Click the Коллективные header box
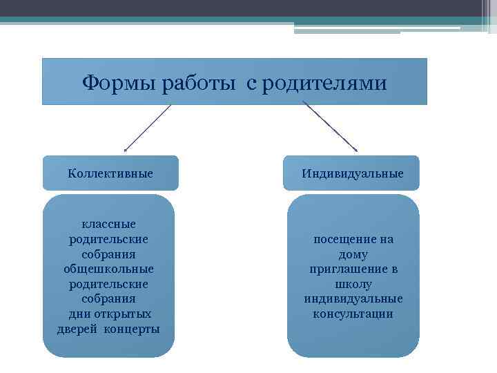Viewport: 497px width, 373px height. [110, 173]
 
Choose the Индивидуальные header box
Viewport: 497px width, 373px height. [352, 173]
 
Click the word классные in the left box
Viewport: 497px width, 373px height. [109, 224]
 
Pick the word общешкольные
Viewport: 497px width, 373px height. [109, 269]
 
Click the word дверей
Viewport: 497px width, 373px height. [78, 329]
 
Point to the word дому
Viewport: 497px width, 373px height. [353, 254]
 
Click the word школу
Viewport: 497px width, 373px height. [353, 284]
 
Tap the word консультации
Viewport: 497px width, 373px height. [353, 314]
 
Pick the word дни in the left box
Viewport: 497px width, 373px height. [78, 314]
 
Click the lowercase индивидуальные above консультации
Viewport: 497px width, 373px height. [353, 299]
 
